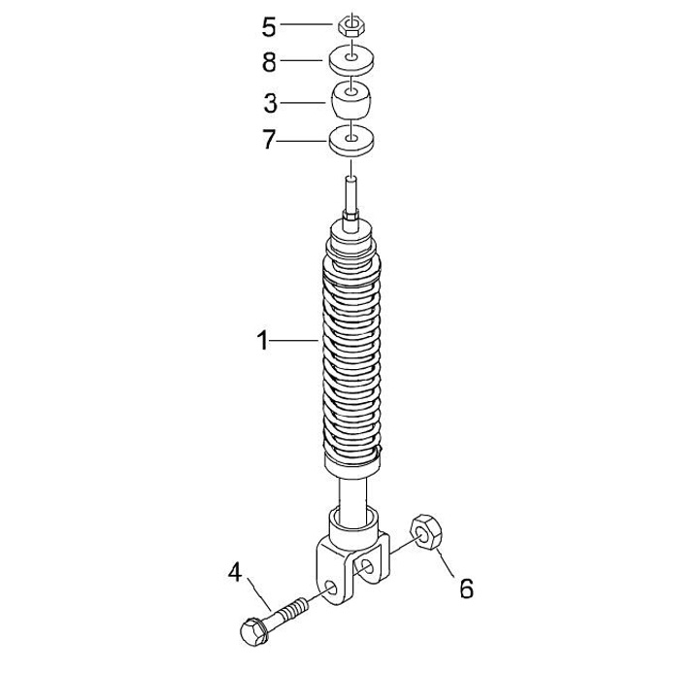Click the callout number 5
269,27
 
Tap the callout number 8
269,62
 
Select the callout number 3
271,103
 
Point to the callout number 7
268,140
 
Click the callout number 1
263,340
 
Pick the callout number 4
235,572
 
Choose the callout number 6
466,589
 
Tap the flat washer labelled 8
351,60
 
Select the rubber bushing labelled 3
351,99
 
